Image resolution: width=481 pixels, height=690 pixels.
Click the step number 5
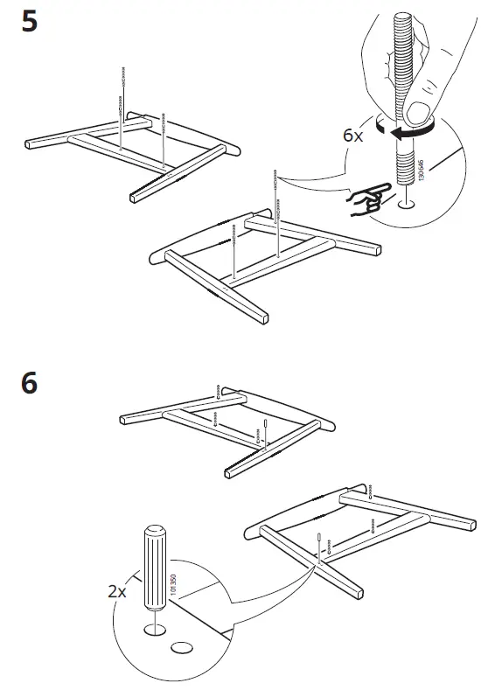pyautogui.click(x=30, y=21)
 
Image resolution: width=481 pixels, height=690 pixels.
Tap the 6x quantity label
pyautogui.click(x=353, y=135)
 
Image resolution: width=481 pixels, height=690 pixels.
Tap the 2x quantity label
pyautogui.click(x=117, y=591)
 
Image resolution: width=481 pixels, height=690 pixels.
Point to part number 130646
pyautogui.click(x=422, y=170)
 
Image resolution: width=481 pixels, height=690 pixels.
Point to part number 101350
pyautogui.click(x=173, y=584)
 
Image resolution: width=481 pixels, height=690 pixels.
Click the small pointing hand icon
pyautogui.click(x=370, y=199)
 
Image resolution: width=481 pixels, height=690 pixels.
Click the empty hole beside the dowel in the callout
pyautogui.click(x=182, y=647)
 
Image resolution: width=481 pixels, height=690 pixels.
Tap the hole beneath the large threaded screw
pyautogui.click(x=406, y=204)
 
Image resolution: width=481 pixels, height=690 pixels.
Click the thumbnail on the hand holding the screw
pyautogui.click(x=417, y=113)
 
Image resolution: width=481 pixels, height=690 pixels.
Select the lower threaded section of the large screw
pyautogui.click(x=405, y=168)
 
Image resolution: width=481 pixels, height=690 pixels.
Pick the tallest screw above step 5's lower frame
pyautogui.click(x=276, y=213)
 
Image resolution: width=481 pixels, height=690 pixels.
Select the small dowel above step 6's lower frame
pyautogui.click(x=318, y=541)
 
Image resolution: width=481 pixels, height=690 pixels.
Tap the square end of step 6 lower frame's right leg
pyautogui.click(x=359, y=593)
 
